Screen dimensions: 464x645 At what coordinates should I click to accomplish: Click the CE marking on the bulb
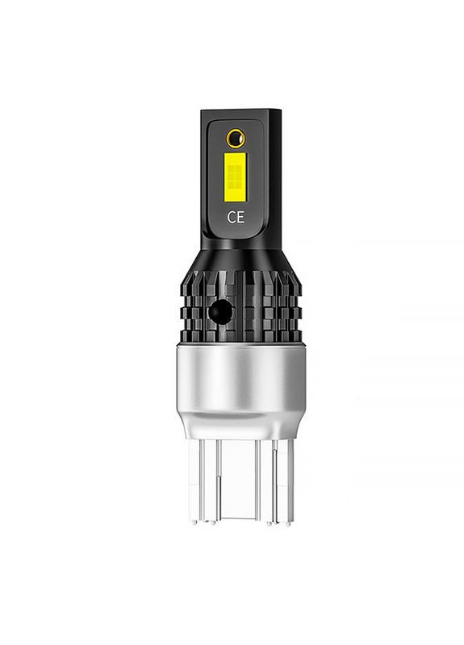tap(236, 217)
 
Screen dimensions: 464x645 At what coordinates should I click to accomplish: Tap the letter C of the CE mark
tap(232, 217)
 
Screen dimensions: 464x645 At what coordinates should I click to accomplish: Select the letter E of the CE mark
tap(240, 217)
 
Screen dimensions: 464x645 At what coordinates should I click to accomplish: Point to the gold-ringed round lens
tap(236, 138)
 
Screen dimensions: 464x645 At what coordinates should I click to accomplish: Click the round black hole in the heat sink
tap(219, 311)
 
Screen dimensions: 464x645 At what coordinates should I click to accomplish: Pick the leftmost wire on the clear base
tap(202, 481)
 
